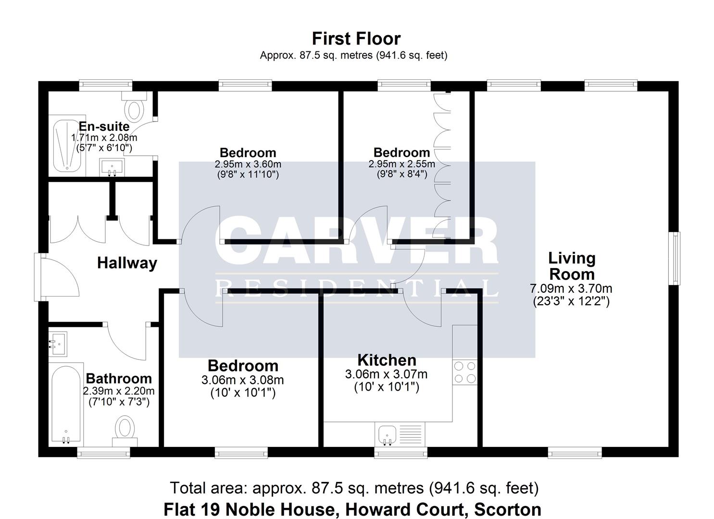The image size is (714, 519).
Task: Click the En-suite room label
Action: (104, 126)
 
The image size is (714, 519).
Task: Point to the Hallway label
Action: (127, 263)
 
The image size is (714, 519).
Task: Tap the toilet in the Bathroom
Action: (125, 429)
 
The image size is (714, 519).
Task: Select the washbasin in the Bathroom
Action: (58, 344)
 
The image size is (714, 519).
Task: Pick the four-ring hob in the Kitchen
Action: (465, 372)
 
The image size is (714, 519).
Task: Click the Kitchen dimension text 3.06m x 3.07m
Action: (386, 374)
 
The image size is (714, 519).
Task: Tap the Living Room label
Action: (572, 266)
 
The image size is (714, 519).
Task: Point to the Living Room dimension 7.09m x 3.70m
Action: (571, 289)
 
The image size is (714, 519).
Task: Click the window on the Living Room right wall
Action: (676, 259)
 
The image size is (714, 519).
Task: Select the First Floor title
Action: (356, 38)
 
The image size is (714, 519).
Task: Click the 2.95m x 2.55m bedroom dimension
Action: (401, 164)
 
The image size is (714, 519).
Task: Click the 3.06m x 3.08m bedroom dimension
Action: (242, 380)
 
